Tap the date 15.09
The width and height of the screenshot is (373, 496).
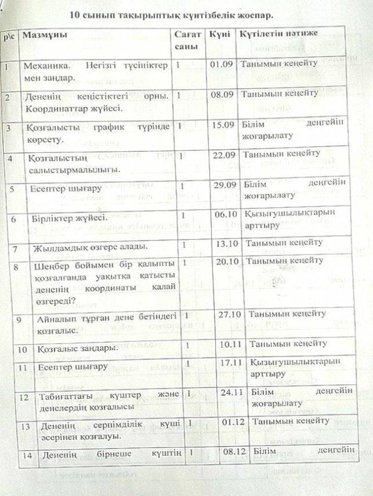click(x=222, y=125)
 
